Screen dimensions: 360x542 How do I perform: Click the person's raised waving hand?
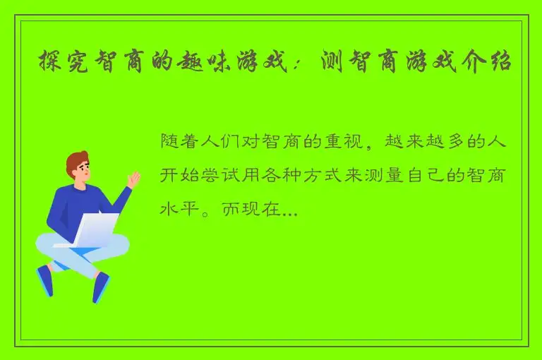[133, 181]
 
